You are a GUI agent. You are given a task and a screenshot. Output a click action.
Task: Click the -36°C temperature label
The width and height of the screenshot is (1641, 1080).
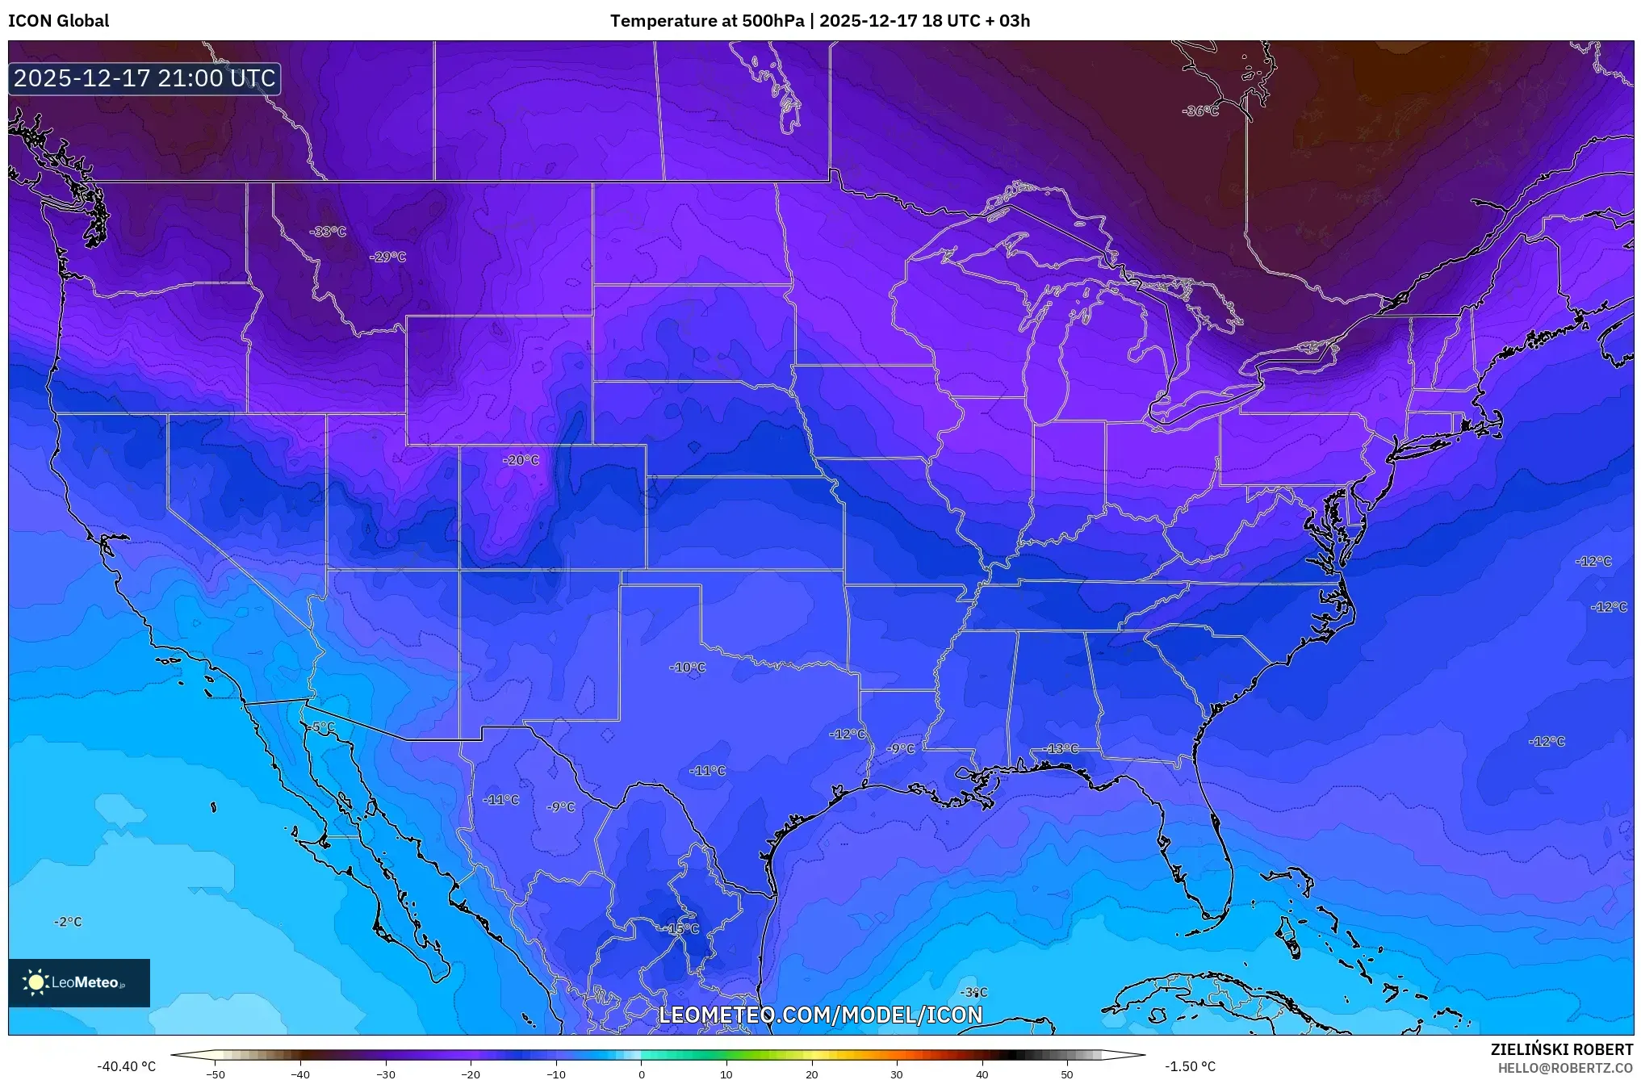pyautogui.click(x=1200, y=111)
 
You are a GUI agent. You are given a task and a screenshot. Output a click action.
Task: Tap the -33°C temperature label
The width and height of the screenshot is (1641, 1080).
pyautogui.click(x=328, y=232)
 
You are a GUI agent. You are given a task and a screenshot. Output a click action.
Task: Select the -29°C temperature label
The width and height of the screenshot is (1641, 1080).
pyautogui.click(x=387, y=257)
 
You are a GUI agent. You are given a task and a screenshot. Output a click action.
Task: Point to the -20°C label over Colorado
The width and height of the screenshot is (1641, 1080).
pyautogui.click(x=521, y=460)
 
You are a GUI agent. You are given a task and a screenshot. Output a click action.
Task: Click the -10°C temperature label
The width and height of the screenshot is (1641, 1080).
pyautogui.click(x=687, y=668)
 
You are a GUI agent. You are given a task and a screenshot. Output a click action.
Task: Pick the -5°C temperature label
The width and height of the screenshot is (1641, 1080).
pyautogui.click(x=320, y=727)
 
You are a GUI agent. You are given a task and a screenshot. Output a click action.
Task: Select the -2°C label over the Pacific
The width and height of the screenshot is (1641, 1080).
pyautogui.click(x=68, y=922)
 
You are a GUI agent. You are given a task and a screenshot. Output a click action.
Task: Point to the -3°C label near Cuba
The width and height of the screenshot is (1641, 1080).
pyautogui.click(x=973, y=992)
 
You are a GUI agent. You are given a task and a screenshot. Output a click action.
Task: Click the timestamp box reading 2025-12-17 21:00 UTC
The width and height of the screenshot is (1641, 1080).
pyautogui.click(x=144, y=78)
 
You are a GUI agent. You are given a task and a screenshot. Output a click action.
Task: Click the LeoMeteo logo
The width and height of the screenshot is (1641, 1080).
pyautogui.click(x=79, y=982)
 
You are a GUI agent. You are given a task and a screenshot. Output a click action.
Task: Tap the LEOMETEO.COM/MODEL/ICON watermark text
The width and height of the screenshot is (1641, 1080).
pyautogui.click(x=821, y=1015)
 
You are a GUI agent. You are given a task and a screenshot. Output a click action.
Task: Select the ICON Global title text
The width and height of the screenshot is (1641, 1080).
pyautogui.click(x=58, y=21)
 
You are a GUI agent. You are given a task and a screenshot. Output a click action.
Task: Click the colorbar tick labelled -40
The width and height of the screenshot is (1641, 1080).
pyautogui.click(x=300, y=1074)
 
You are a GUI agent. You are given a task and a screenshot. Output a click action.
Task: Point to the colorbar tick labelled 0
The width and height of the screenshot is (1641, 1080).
pyautogui.click(x=642, y=1074)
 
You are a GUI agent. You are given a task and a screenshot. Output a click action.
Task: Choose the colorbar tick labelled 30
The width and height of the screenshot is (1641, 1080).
pyautogui.click(x=897, y=1074)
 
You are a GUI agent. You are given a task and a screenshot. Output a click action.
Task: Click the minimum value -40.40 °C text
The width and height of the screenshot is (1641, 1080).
pyautogui.click(x=127, y=1066)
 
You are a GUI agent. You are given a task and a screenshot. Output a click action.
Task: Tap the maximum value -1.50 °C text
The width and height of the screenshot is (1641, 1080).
pyautogui.click(x=1189, y=1066)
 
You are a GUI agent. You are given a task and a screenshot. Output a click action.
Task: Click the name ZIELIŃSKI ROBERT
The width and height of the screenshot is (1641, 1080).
pyautogui.click(x=1561, y=1049)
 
